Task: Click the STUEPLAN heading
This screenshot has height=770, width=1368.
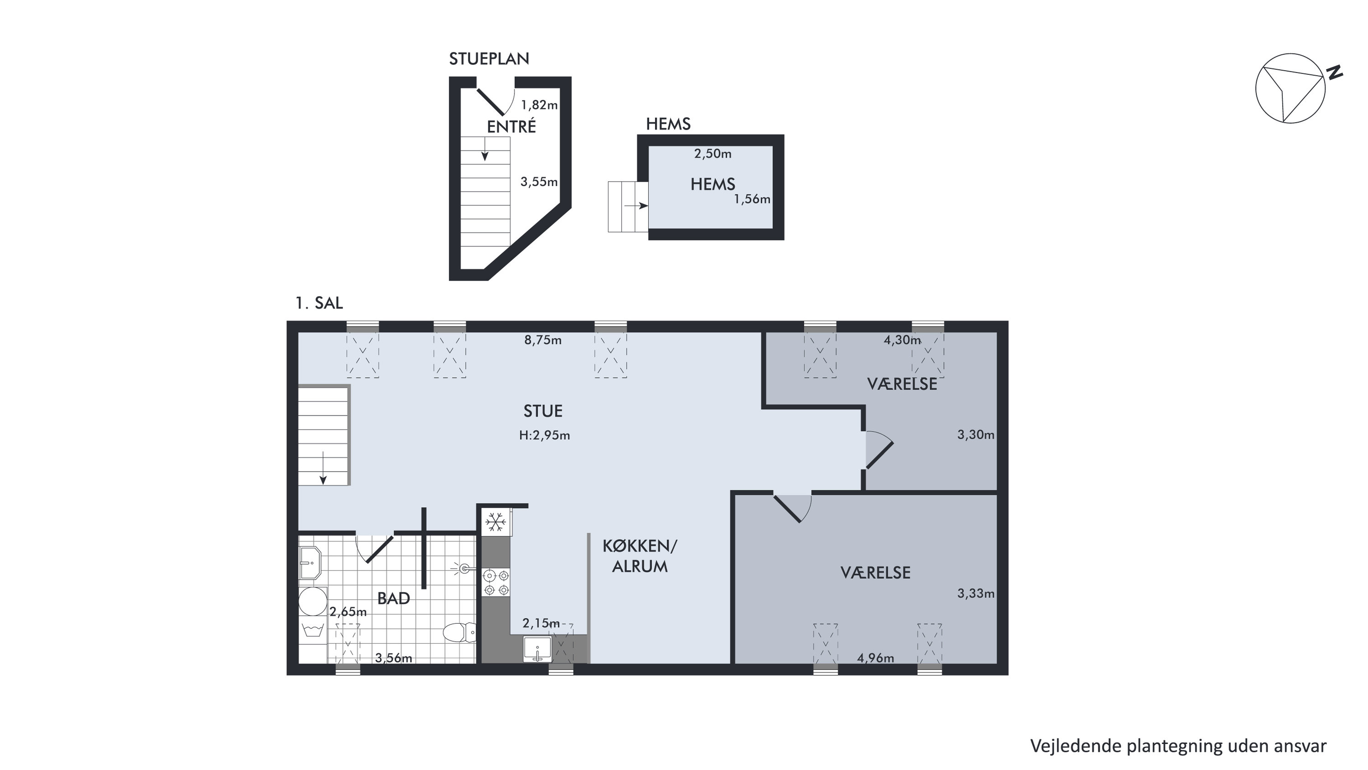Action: pos(489,59)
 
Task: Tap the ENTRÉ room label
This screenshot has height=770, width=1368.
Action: pos(511,126)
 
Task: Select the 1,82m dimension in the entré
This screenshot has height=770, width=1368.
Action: pos(539,105)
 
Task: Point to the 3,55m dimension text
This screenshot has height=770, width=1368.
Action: pos(539,182)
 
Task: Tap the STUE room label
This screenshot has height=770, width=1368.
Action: pos(543,411)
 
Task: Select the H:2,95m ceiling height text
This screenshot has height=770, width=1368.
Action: pos(544,436)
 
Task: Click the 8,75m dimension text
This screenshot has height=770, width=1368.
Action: pos(543,340)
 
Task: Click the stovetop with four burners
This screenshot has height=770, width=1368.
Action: pos(496,582)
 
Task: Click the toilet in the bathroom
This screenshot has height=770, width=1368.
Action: pos(460,632)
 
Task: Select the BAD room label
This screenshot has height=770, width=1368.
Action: pos(394,598)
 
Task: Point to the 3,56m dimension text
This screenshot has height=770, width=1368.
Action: pos(394,658)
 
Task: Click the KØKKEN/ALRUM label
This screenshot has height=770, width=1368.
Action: pos(640,556)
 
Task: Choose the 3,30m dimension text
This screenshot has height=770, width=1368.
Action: pos(976,435)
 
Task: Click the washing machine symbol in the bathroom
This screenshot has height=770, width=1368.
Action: pos(313,630)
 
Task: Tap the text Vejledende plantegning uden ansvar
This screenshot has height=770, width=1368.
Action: pos(1178,745)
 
